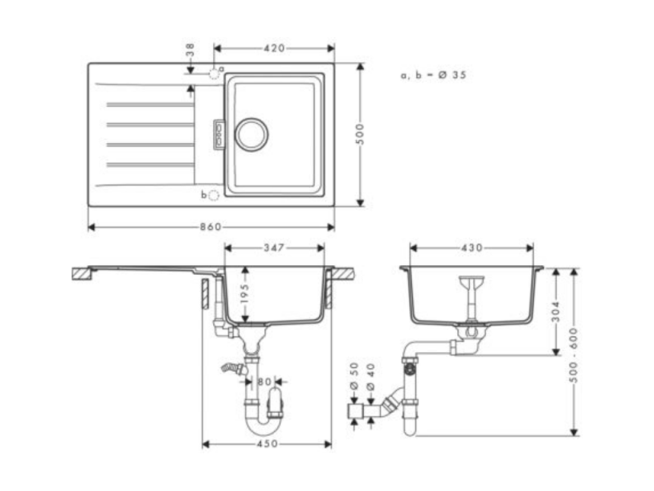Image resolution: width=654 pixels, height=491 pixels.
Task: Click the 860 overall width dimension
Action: coord(211,227)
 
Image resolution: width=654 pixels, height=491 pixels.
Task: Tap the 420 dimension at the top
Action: coord(274,48)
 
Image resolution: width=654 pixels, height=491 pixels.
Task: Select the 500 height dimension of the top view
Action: coord(361,134)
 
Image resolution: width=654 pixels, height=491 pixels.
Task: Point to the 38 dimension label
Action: coord(190,49)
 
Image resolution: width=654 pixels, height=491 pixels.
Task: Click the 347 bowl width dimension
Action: coord(274,248)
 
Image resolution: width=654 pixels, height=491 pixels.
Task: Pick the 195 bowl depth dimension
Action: coord(245,293)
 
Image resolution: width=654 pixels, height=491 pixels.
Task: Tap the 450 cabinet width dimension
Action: coord(267,444)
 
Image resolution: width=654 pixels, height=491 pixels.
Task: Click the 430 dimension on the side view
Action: coord(472,248)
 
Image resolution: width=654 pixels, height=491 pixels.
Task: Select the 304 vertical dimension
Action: coord(555,312)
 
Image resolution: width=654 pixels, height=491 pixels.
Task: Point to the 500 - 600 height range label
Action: coord(574,355)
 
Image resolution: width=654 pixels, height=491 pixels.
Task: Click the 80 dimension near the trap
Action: coord(264,381)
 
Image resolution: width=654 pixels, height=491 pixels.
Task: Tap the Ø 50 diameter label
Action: coord(354,376)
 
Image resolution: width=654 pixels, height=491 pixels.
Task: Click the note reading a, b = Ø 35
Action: coord(433,75)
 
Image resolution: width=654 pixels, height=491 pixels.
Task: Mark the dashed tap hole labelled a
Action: coord(215,74)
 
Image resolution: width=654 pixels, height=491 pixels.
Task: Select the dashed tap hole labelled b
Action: coord(213,194)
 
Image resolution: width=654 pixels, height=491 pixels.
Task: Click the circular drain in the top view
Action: coord(251,134)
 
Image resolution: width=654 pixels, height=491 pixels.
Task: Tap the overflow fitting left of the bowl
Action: coord(219,134)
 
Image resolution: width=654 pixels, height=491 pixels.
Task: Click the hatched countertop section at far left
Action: coord(82,273)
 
